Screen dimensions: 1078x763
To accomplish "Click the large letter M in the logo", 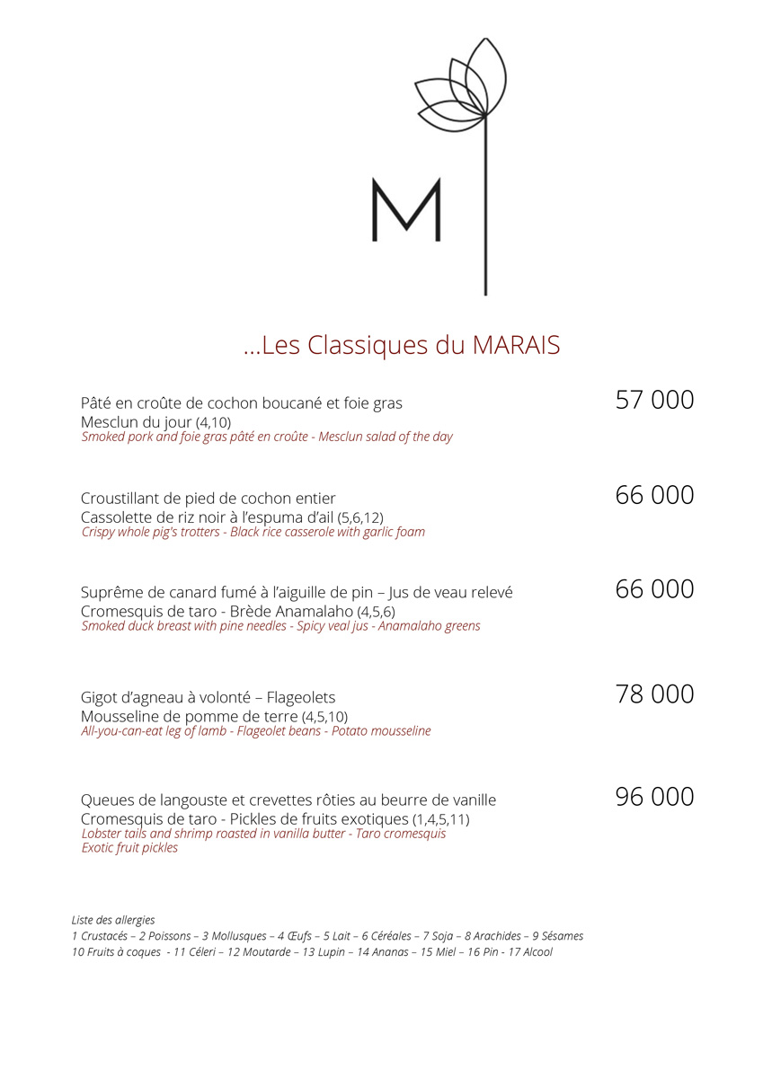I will click(x=406, y=210).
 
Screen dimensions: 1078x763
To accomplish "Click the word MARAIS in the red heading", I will click(x=516, y=346).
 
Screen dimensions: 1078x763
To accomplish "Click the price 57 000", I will click(x=654, y=400).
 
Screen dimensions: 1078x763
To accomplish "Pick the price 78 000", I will click(x=654, y=694).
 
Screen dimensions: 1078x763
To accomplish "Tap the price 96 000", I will click(x=654, y=797).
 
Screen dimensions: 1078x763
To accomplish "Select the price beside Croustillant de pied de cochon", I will click(x=654, y=495).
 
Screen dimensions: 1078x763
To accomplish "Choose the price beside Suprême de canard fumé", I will click(x=654, y=589).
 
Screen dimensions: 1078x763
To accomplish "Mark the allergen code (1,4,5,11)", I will click(x=440, y=820).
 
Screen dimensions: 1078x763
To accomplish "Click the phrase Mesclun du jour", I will click(x=136, y=422).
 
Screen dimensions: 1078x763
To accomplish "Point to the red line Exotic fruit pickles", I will click(x=129, y=848).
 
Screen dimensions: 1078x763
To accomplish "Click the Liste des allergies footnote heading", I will click(x=113, y=920).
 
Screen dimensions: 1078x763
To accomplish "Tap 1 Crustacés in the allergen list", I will click(x=100, y=936).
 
